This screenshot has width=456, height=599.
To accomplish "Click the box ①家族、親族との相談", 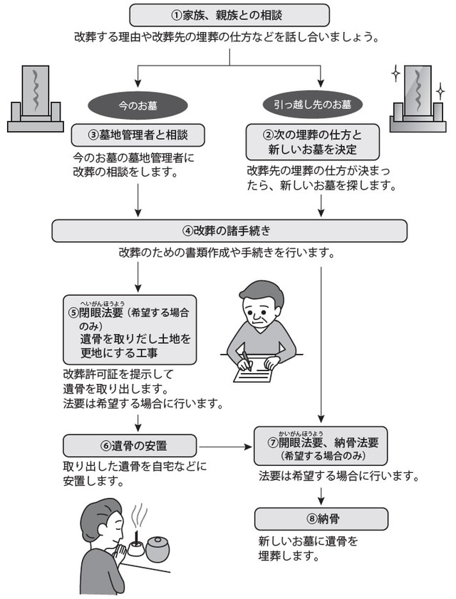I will click(229, 14).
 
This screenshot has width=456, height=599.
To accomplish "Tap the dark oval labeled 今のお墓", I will click(138, 105).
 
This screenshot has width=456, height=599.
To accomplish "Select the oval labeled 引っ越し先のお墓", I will click(318, 105).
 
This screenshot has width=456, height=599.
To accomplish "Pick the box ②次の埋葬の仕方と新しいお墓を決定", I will click(317, 142).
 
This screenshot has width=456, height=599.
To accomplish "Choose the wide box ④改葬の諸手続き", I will click(229, 230).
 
